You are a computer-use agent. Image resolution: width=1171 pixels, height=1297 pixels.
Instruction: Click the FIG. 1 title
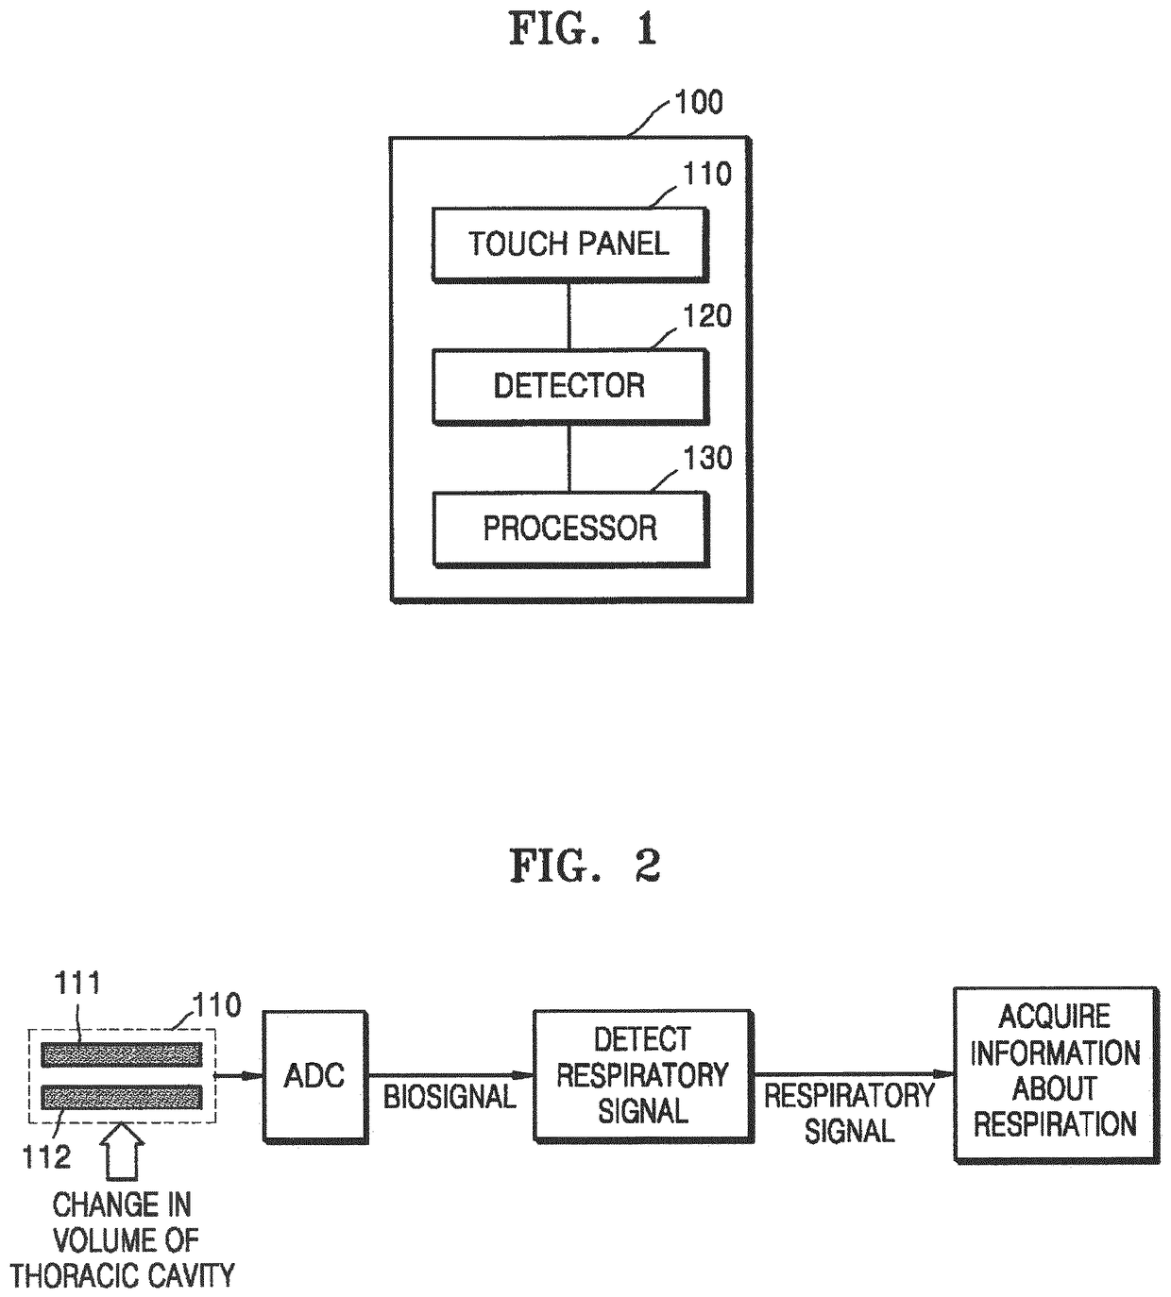583,30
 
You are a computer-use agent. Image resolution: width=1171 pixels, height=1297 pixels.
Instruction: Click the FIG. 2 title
585,866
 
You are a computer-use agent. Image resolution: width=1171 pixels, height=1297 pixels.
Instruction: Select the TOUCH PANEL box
570,244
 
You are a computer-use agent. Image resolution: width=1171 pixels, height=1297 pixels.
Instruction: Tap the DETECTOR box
570,387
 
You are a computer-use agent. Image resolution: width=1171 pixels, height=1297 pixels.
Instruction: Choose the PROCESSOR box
570,529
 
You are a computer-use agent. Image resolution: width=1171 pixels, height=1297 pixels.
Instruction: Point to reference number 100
699,103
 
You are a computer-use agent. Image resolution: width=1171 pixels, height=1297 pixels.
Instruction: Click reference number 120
707,316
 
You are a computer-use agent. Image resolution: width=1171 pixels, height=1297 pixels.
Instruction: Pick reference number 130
707,459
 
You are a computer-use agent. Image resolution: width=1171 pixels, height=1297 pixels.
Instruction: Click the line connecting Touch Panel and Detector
569,316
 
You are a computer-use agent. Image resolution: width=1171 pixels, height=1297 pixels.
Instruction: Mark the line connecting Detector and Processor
569,459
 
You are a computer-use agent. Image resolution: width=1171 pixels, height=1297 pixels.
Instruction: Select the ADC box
315,1076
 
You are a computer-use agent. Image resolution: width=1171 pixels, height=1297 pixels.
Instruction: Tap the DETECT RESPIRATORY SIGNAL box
643,1076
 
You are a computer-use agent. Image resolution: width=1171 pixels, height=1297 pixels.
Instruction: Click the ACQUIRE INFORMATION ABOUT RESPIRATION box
1056,1075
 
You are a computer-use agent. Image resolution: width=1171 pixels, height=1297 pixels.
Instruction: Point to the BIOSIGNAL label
450,1097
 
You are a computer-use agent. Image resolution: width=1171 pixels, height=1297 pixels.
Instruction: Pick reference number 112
46,1157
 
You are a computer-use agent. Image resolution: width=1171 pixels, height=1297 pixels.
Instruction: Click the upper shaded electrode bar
122,1054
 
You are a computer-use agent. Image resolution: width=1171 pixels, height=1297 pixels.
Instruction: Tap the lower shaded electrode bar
122,1097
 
